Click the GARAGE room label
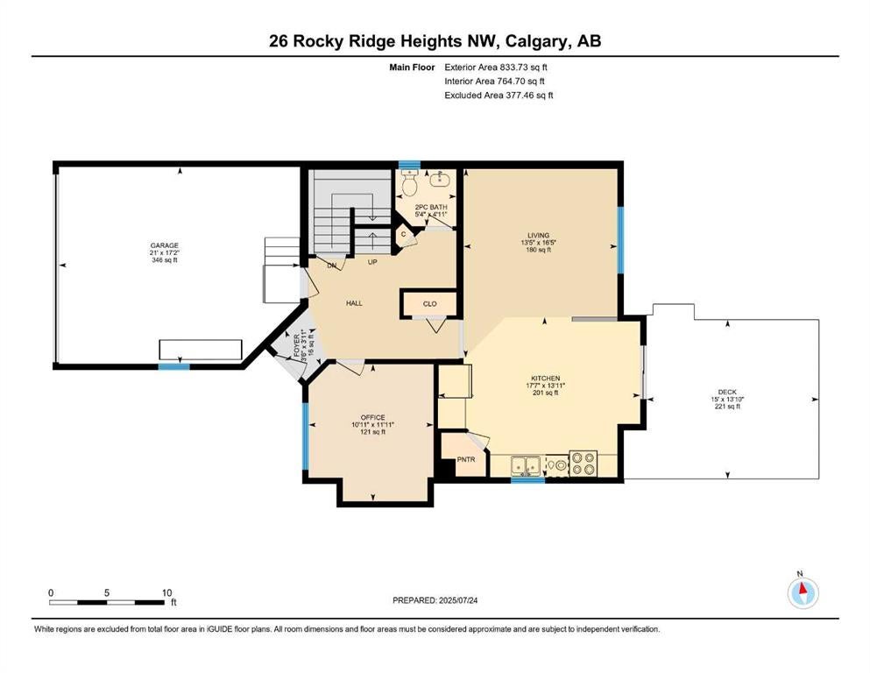[165, 245]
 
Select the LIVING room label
[538, 235]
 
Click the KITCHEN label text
[546, 379]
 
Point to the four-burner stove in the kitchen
[584, 464]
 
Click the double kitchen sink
[526, 465]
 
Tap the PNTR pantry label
[466, 459]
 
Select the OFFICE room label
[373, 418]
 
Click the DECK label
[727, 392]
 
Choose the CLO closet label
[430, 303]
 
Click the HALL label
[354, 303]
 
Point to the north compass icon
[803, 593]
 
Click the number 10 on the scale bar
[167, 592]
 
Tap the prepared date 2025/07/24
[457, 600]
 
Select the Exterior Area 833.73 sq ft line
[496, 67]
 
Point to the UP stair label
[372, 262]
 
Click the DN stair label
[332, 266]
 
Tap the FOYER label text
[297, 344]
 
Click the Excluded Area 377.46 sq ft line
[499, 95]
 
